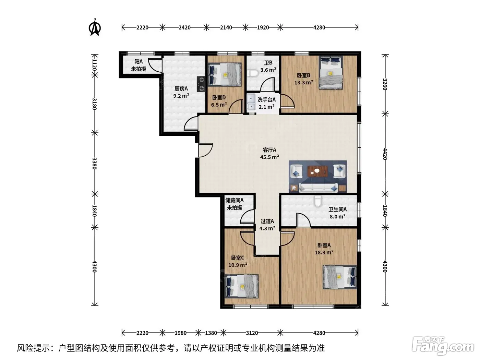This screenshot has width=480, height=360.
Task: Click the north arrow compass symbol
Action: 95,27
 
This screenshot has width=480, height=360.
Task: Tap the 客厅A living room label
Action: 269,150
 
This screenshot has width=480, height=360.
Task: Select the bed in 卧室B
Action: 331,73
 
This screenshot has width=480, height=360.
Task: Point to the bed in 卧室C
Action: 241,286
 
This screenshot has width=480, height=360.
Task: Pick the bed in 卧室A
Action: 340,277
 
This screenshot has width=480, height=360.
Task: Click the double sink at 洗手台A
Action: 251,103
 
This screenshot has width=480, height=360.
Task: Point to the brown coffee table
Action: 318,171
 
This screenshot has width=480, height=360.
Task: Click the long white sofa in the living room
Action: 318,188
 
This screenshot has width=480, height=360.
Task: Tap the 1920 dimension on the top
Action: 263,27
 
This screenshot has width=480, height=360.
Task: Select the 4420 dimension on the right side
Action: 385,154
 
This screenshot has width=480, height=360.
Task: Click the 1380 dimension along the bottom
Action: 211,333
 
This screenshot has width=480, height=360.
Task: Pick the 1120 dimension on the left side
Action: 94,65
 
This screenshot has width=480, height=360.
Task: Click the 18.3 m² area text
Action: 324,252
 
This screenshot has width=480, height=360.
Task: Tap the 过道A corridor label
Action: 267,221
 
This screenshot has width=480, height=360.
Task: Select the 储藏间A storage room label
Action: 235,200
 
